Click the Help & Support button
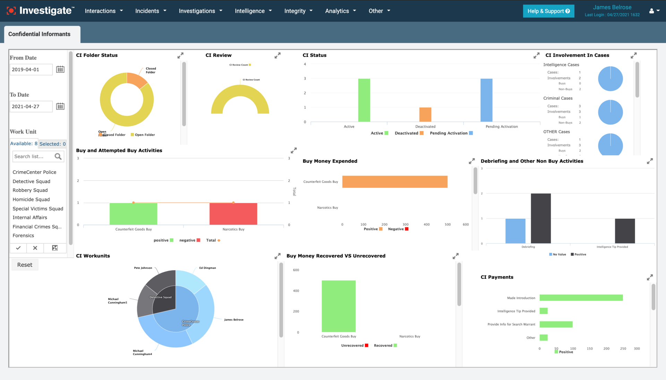548,11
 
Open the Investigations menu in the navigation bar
200,11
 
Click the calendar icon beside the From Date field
60,69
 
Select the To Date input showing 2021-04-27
31,106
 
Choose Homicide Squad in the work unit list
31,199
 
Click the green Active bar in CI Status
364,100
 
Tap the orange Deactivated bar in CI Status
425,114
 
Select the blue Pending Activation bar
486,100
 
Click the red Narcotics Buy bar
233,214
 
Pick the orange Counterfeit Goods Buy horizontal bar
394,182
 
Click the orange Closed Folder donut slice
136,81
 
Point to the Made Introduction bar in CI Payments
581,298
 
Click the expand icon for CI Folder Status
180,55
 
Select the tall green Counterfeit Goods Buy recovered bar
338,306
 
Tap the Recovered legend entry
385,346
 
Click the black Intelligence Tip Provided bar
625,231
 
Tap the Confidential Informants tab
40,34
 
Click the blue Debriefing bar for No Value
515,231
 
